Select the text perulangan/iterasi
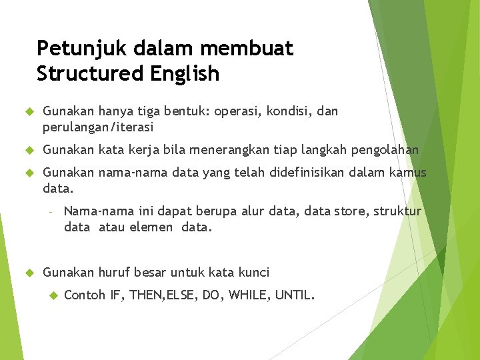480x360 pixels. coord(98,127)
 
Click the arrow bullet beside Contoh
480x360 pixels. coord(52,294)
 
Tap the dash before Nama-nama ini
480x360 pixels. coord(50,212)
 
